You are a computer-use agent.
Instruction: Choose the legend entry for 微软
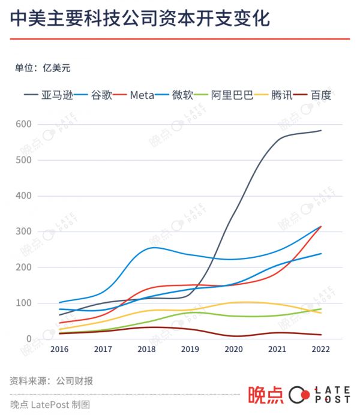click(x=182, y=95)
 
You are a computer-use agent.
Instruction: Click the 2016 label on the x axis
click(x=59, y=349)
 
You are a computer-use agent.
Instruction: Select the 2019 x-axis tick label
click(x=190, y=349)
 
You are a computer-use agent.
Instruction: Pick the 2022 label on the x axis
click(x=321, y=349)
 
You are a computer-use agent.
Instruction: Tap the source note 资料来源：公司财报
click(x=51, y=381)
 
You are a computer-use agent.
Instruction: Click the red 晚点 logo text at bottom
click(x=266, y=395)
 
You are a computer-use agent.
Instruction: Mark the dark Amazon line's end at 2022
click(x=321, y=130)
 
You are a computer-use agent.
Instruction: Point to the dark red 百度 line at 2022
click(x=321, y=335)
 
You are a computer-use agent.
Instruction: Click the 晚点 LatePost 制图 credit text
click(x=50, y=404)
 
